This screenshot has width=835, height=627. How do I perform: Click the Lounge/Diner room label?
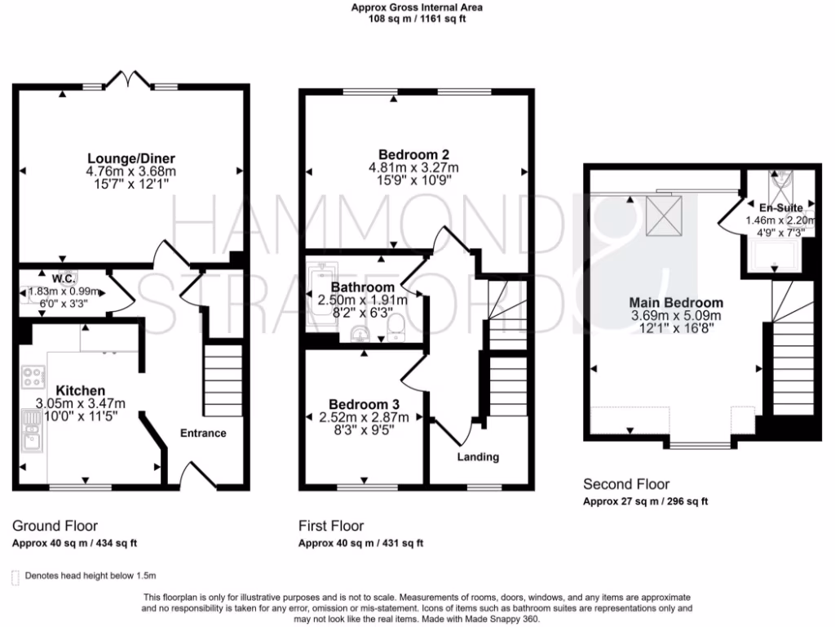pyautogui.click(x=131, y=158)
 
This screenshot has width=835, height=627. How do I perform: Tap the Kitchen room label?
pyautogui.click(x=80, y=391)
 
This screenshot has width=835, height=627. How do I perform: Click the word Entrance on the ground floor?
pyautogui.click(x=203, y=433)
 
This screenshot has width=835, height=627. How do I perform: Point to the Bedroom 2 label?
pyautogui.click(x=413, y=154)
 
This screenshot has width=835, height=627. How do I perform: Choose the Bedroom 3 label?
pyautogui.click(x=364, y=404)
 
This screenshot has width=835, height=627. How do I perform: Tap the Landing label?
pyautogui.click(x=478, y=457)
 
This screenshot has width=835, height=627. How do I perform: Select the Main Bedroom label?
pyautogui.click(x=676, y=302)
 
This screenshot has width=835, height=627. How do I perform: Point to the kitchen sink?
pyautogui.click(x=33, y=431)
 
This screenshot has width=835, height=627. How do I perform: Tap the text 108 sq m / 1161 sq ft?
pyautogui.click(x=417, y=19)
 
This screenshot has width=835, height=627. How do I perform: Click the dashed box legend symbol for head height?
pyautogui.click(x=15, y=576)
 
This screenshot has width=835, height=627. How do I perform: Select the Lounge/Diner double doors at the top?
pyautogui.click(x=131, y=81)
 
